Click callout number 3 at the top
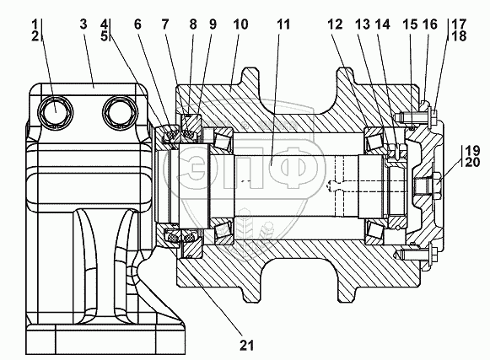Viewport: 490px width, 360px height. (83, 24)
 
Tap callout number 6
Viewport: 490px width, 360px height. (137, 24)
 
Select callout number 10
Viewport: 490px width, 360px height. (241, 24)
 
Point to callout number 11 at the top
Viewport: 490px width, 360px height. (283, 24)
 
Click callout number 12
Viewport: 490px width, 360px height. (336, 24)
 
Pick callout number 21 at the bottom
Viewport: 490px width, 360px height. (247, 346)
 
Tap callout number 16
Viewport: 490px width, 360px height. (430, 24)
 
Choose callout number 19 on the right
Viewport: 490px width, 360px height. (472, 151)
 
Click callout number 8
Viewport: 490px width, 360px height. (193, 24)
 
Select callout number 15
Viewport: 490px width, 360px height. (410, 24)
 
